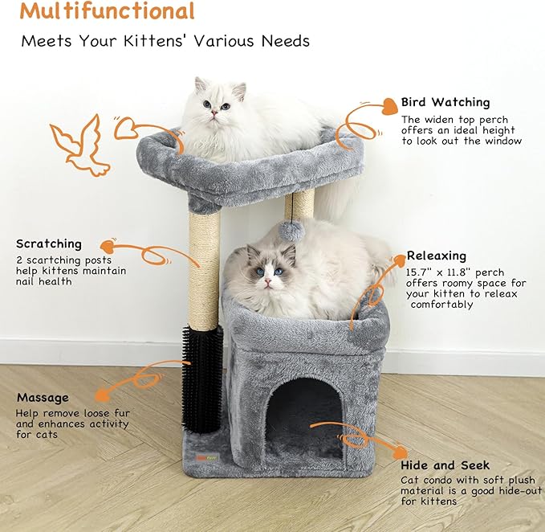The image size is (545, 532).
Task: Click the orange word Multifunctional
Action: (x=107, y=10)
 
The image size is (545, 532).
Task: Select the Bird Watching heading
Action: (x=445, y=102)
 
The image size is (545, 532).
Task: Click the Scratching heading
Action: (x=49, y=243)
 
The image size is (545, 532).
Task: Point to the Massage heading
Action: (x=43, y=397)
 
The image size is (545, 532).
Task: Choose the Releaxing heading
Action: (x=436, y=256)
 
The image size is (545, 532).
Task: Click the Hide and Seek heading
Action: (x=445, y=465)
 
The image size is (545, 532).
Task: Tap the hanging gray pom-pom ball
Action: (x=291, y=231)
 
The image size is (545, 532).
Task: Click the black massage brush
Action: (x=202, y=379)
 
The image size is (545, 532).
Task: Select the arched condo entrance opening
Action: (x=304, y=418)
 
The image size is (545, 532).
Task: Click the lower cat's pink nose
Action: (x=267, y=281)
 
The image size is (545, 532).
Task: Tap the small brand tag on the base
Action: (x=206, y=458)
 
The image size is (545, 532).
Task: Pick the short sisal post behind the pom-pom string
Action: (x=299, y=204)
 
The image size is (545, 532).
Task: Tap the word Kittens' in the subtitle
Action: (x=153, y=41)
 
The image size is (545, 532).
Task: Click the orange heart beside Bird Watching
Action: (x=390, y=106)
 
